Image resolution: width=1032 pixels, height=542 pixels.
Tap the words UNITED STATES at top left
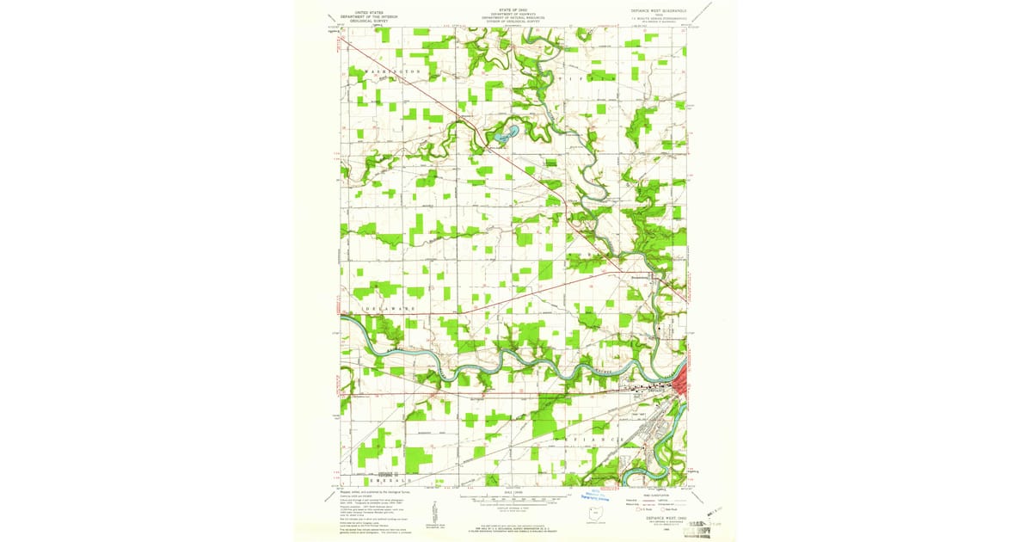click(x=370, y=11)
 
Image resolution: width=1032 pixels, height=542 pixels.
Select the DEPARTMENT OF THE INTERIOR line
click(x=370, y=15)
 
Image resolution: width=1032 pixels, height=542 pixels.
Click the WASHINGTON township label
click(x=391, y=71)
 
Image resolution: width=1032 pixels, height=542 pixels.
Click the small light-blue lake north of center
click(x=506, y=133)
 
